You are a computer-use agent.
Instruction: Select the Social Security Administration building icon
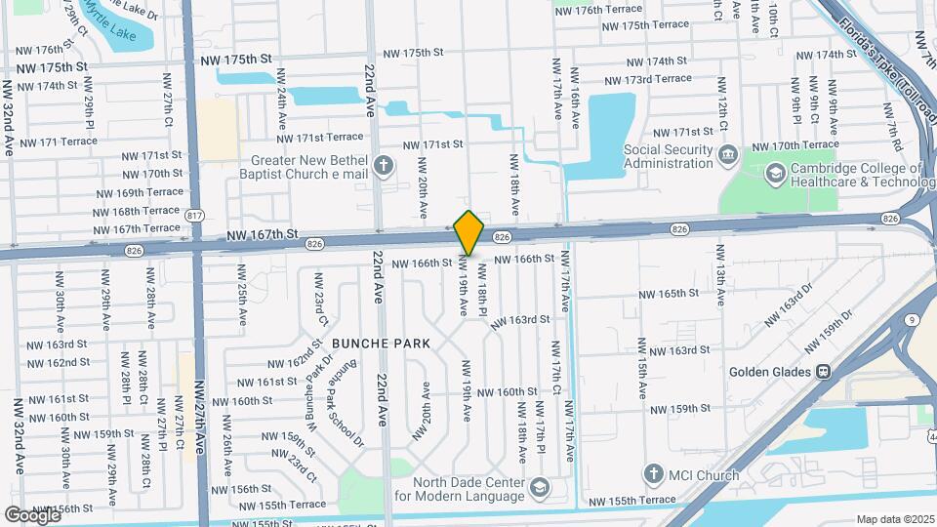[728, 155]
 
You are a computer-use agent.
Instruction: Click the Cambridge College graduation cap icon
[775, 174]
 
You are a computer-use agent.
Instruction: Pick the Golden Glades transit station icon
[823, 372]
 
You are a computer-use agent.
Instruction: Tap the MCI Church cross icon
[653, 474]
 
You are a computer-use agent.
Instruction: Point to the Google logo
[32, 514]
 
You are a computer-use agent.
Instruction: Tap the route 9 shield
[910, 320]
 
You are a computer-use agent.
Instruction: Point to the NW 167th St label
[261, 234]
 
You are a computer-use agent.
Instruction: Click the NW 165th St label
[669, 293]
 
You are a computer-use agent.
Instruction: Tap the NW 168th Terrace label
[138, 211]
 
